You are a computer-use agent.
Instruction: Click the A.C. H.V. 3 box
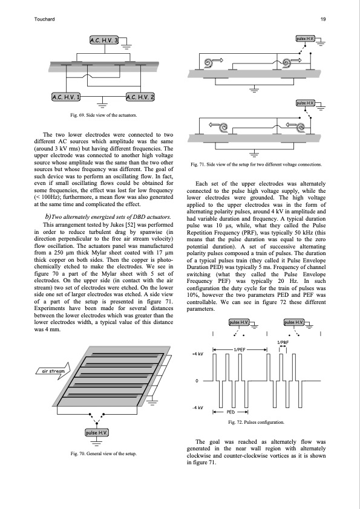104,41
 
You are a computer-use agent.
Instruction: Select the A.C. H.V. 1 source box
66,97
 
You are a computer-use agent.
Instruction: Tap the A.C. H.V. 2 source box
140,97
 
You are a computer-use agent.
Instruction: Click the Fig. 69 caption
103,115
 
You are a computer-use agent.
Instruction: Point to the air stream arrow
53,371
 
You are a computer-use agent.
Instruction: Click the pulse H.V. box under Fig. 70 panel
96,433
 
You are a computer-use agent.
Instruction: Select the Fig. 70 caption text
103,453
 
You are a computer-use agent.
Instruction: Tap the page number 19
323,19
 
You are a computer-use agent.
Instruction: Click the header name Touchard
44,19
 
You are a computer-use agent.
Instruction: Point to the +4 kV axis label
198,354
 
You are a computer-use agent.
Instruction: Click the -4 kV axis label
198,407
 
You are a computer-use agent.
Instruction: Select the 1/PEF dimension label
240,349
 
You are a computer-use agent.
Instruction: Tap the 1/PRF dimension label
283,343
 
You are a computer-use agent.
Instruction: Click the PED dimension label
231,412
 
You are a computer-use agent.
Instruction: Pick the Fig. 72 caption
256,423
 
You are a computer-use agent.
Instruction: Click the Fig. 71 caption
256,164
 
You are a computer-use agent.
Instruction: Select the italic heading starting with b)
108,217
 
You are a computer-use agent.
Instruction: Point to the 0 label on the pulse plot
197,381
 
